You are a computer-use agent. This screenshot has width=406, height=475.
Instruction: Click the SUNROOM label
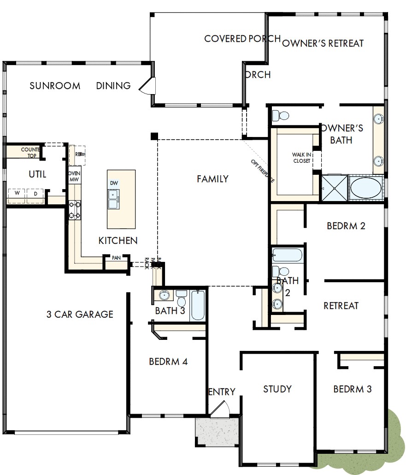55,86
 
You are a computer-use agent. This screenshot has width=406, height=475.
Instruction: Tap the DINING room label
113,86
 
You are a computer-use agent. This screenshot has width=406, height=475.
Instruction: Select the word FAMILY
212,179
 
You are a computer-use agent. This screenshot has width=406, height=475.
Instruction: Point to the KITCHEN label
118,241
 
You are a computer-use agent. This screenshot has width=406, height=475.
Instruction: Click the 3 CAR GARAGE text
80,315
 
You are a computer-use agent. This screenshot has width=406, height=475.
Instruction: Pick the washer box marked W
17,194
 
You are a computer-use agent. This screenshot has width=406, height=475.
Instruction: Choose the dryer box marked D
36,194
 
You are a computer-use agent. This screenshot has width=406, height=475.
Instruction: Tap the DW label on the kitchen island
114,184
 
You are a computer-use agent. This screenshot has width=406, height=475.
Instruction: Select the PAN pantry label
116,258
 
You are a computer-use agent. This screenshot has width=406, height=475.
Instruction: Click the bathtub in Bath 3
199,305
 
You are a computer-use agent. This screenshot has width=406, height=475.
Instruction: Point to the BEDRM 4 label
168,362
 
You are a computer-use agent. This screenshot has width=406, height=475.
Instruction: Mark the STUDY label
277,389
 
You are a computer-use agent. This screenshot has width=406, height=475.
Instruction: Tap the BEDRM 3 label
353,389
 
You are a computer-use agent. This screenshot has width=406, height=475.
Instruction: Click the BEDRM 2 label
346,226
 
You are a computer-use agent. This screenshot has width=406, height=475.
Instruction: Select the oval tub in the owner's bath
366,188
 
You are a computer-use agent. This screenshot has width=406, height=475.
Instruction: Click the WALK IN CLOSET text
302,158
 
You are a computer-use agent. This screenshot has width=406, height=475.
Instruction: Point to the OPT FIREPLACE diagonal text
263,171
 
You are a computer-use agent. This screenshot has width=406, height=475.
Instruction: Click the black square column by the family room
154,136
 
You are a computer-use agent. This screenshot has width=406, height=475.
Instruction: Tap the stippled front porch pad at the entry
217,432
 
